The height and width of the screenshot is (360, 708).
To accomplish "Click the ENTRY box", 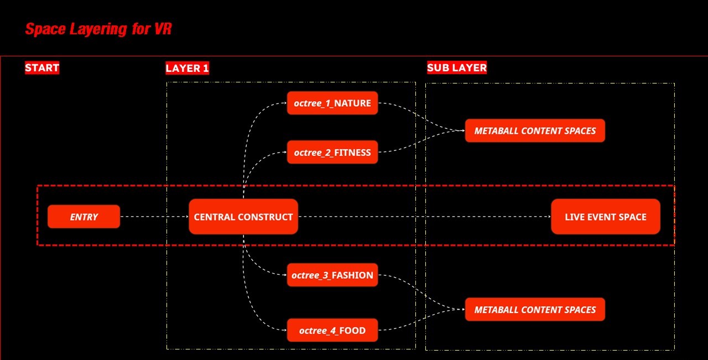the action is pos(84,217).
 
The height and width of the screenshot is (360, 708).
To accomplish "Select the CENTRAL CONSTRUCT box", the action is pos(243,217).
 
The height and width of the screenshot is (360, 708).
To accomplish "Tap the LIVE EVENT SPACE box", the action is pos(606,217).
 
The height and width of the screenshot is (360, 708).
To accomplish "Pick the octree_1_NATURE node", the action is pos(332,103).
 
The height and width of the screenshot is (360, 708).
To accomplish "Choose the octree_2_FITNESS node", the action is pos(332,152).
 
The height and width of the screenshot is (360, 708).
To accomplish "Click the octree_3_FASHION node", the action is pos(332,275).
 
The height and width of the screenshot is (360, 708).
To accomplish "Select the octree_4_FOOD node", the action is pos(332,330).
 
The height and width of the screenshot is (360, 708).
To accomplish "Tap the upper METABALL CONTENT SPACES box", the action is pos(535,131).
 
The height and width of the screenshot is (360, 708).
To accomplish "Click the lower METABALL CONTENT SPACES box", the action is pos(535,310).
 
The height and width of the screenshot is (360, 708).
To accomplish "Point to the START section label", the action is pos(42,68).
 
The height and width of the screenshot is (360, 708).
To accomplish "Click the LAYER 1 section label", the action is pos(187,69).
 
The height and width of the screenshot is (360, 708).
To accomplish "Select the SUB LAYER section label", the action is pos(457,68).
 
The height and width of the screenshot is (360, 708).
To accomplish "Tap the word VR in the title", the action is pos(163,29).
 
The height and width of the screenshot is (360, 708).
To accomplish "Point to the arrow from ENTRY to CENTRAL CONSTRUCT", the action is pos(154,217).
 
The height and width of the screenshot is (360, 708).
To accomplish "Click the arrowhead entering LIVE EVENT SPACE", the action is pos(548,217).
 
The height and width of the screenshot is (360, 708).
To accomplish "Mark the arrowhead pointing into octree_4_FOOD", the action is pos(284,330).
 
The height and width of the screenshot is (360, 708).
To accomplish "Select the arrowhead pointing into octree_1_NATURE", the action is pos(284,103).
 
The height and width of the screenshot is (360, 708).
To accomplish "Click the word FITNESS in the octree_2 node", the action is pos(352,152).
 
